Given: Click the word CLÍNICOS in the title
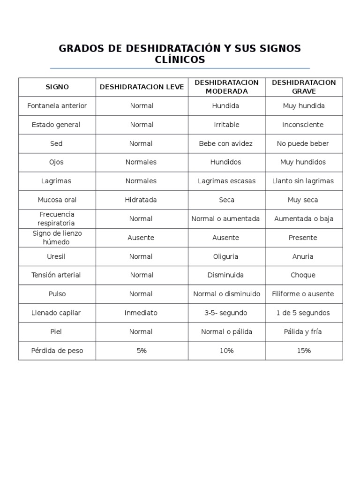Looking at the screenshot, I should pos(180,60).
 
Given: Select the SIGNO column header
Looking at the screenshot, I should pos(57,87).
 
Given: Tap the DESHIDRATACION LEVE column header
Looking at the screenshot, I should pos(142,87).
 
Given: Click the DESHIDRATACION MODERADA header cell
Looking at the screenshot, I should pos(226,87).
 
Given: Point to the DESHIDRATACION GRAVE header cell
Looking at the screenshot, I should pos(304,87).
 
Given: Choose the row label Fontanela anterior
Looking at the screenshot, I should pos(57,106).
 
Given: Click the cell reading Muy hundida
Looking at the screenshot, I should pos(304,106).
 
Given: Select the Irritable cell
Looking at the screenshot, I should pos(226,125).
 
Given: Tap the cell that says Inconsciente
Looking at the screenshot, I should pos(303,125).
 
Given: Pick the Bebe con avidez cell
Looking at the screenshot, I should pos(226,143).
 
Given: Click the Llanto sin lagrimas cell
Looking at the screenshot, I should pos(303,181).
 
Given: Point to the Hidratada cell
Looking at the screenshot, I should pos(141,200).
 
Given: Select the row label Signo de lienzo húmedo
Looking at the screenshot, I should pos(57,238).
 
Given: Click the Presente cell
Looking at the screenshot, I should pos(303,238).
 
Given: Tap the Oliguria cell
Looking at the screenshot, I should pos(226,256).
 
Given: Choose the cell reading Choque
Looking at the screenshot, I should pos(303,275).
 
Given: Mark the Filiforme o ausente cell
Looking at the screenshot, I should pos(303,294).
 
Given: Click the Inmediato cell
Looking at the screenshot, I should pos(141,313).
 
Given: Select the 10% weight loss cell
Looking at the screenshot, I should pos(226,351).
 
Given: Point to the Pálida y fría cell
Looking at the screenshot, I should pos(303,332).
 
